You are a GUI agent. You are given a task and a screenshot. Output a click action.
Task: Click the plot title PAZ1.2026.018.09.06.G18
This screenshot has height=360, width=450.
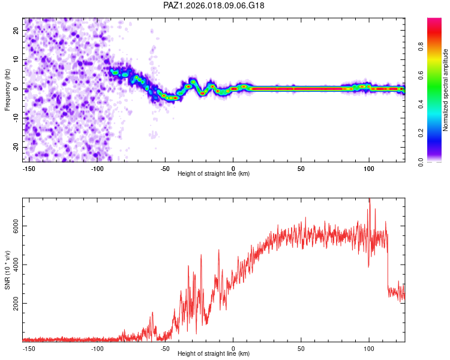(214, 5)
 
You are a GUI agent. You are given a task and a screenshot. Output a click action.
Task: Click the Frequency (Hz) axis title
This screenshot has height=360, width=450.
(8, 89)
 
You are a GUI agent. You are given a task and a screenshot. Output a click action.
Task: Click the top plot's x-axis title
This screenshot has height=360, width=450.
(214, 173)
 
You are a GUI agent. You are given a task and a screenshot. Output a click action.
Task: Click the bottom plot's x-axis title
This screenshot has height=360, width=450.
(214, 353)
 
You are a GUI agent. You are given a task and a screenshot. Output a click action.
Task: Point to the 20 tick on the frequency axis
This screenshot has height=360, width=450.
(16, 30)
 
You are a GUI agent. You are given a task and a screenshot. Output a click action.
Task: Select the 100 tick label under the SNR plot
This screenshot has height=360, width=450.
(369, 347)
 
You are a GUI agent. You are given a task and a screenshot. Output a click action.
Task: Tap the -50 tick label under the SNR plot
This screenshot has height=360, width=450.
(166, 347)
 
